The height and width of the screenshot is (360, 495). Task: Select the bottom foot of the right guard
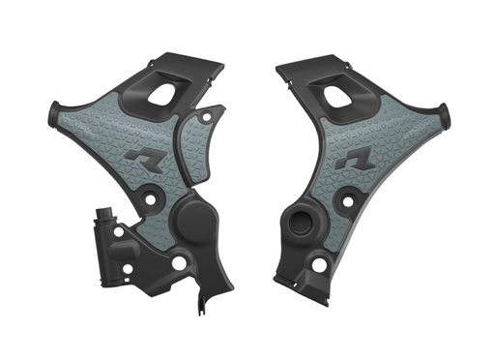(x=290, y=282)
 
